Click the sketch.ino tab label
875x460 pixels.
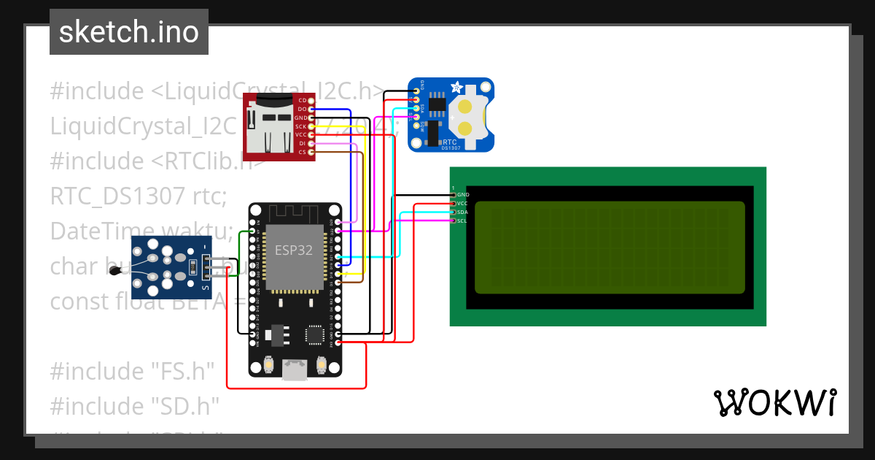pos(128,32)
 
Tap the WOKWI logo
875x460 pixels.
pos(774,402)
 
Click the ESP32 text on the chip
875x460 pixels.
pos(293,250)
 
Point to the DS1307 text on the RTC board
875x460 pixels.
pos(451,148)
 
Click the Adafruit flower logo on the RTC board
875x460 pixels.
pos(457,88)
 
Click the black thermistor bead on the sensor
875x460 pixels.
pos(115,272)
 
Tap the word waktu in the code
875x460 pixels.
pos(199,231)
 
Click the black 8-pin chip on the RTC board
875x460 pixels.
pos(437,104)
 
